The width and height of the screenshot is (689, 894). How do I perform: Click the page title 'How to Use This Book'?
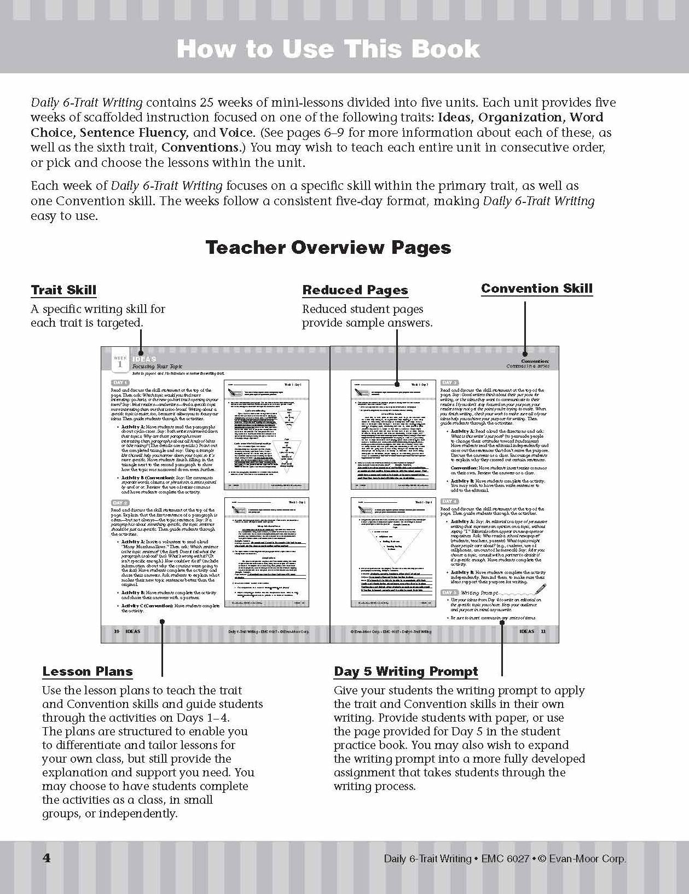[x=328, y=49]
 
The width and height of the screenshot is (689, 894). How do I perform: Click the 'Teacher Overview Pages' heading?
[x=328, y=247]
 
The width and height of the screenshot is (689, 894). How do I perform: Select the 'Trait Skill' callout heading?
[x=63, y=290]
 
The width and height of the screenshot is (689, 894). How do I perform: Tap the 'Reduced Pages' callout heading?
[x=355, y=290]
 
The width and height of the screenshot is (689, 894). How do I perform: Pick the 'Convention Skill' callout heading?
[x=537, y=288]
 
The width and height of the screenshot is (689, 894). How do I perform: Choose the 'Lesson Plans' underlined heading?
[x=88, y=671]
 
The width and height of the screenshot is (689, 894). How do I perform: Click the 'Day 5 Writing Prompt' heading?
[x=406, y=671]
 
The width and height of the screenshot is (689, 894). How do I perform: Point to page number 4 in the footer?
[x=47, y=858]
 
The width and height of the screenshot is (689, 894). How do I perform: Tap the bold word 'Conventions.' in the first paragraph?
[x=200, y=147]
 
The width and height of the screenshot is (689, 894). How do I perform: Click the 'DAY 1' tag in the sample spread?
[x=120, y=382]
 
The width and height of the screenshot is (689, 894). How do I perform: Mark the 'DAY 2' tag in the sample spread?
[x=120, y=502]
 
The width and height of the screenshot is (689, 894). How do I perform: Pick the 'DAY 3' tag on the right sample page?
[x=449, y=382]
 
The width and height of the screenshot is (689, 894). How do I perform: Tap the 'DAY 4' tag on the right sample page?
[x=449, y=501]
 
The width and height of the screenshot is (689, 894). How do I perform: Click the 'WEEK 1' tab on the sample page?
[x=120, y=361]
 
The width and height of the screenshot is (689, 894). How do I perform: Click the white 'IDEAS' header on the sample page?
[x=144, y=359]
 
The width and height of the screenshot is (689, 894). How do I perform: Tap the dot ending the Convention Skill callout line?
[x=525, y=353]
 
